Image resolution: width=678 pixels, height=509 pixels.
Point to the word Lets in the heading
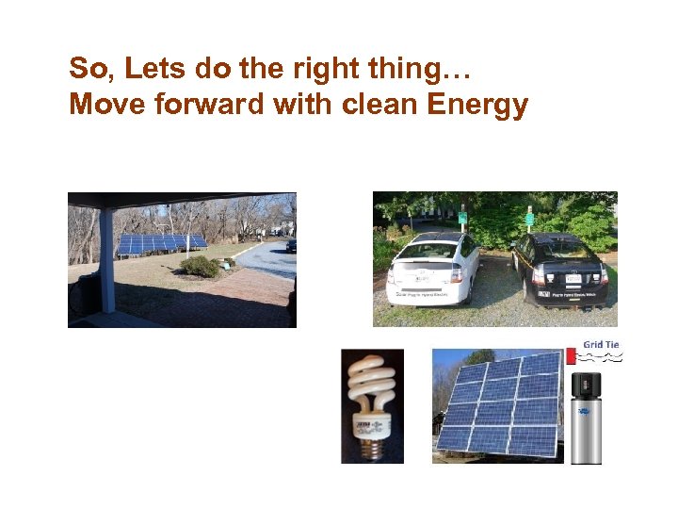click(x=151, y=69)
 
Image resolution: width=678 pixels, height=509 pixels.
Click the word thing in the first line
click(x=405, y=69)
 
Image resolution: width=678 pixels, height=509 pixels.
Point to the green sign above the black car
click(x=529, y=219)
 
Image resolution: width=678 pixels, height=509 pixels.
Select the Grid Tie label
click(x=600, y=345)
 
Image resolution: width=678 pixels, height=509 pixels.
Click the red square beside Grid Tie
click(x=571, y=354)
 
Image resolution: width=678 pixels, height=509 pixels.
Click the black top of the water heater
click(x=586, y=384)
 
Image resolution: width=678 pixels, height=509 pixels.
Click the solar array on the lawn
click(x=160, y=243)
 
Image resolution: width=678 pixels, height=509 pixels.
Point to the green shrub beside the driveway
click(x=200, y=267)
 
